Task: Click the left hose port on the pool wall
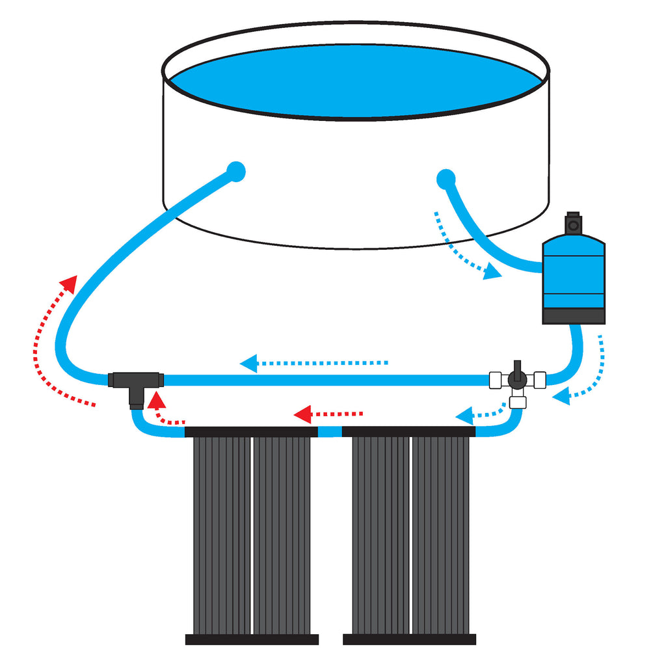(x=235, y=172)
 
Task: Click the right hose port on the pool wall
(x=446, y=178)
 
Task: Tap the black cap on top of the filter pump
(x=573, y=223)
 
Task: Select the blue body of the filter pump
(x=574, y=273)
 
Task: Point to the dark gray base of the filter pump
(x=574, y=316)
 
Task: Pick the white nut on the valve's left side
(x=496, y=379)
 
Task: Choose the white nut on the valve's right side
(x=538, y=379)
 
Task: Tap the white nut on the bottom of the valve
(x=517, y=401)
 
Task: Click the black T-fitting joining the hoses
(x=135, y=382)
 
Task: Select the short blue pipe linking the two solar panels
(x=330, y=431)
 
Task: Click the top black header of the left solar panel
(x=251, y=432)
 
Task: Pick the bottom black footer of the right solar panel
(x=410, y=639)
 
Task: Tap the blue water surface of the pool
(x=354, y=81)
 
